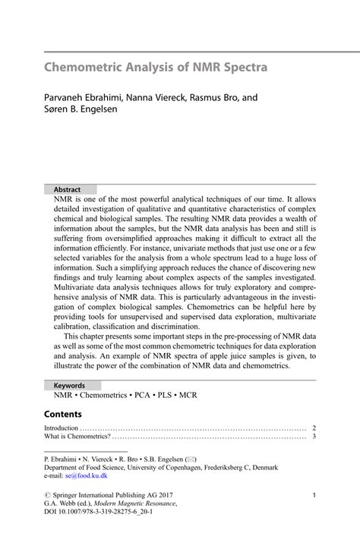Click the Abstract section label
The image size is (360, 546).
tap(68, 189)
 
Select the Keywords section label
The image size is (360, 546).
tap(69, 385)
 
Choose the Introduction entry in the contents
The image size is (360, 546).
tap(62, 428)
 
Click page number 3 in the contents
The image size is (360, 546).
tap(314, 437)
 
